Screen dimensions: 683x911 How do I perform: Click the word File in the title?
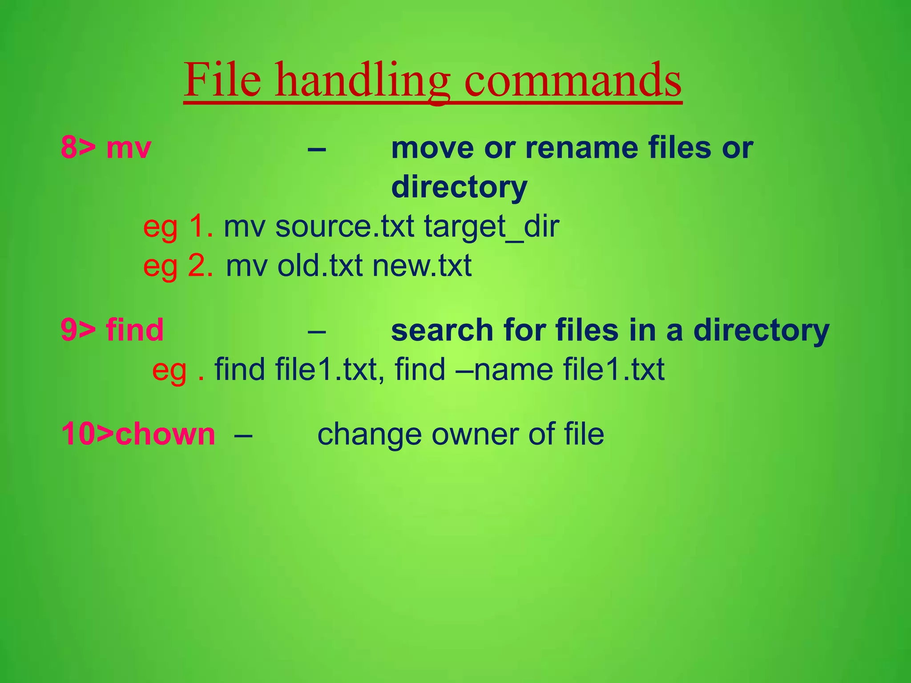point(222,80)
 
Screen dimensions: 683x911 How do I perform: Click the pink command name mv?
point(129,149)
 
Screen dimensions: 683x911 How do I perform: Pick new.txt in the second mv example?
point(422,266)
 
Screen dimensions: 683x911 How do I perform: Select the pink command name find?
point(135,330)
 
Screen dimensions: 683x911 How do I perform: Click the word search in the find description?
point(442,330)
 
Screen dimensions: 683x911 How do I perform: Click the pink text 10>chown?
point(138,434)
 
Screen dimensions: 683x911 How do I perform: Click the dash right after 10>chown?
point(243,434)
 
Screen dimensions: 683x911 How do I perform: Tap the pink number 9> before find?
point(78,330)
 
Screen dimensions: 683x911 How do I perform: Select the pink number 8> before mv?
point(78,148)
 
